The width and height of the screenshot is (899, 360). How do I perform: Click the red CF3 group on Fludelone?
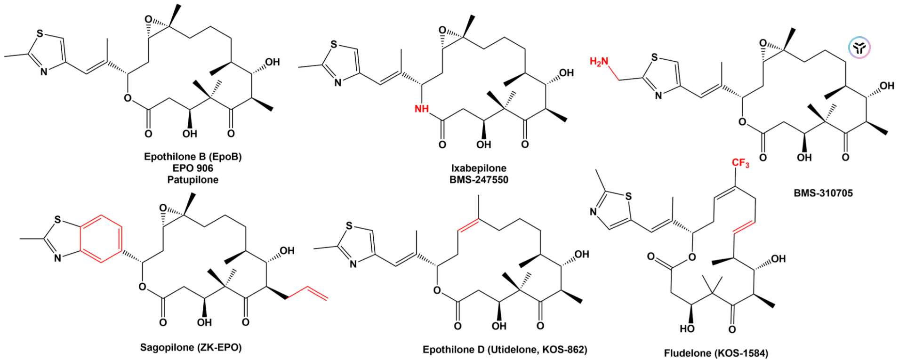click(x=740, y=163)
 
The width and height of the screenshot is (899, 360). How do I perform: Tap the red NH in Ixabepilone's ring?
click(x=422, y=109)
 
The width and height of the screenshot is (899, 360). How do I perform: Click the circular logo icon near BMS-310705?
click(x=859, y=48)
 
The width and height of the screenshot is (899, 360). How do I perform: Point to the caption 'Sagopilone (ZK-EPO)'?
click(x=191, y=347)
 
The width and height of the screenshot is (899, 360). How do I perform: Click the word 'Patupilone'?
click(x=193, y=179)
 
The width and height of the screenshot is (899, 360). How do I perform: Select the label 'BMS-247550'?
click(x=479, y=179)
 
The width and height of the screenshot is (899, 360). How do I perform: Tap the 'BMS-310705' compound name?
click(x=823, y=192)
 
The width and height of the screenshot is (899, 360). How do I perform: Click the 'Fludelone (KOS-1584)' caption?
click(x=716, y=352)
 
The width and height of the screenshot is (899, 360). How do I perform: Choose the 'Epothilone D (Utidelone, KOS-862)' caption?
click(x=505, y=349)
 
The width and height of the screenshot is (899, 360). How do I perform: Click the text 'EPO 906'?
click(x=193, y=168)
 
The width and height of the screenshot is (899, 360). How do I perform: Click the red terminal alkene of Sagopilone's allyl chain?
click(x=318, y=292)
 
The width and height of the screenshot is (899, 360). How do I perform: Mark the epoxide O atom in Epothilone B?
click(x=148, y=20)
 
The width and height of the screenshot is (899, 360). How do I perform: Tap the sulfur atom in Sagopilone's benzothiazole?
click(x=58, y=219)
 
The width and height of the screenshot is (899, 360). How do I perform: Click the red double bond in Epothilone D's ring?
click(x=469, y=226)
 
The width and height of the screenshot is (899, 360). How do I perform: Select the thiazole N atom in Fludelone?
click(x=594, y=212)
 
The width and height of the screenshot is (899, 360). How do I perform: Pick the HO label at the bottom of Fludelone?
click(x=687, y=328)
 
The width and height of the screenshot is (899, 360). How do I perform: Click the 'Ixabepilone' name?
click(x=479, y=168)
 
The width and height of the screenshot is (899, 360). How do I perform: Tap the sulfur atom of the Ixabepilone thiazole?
click(x=334, y=45)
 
